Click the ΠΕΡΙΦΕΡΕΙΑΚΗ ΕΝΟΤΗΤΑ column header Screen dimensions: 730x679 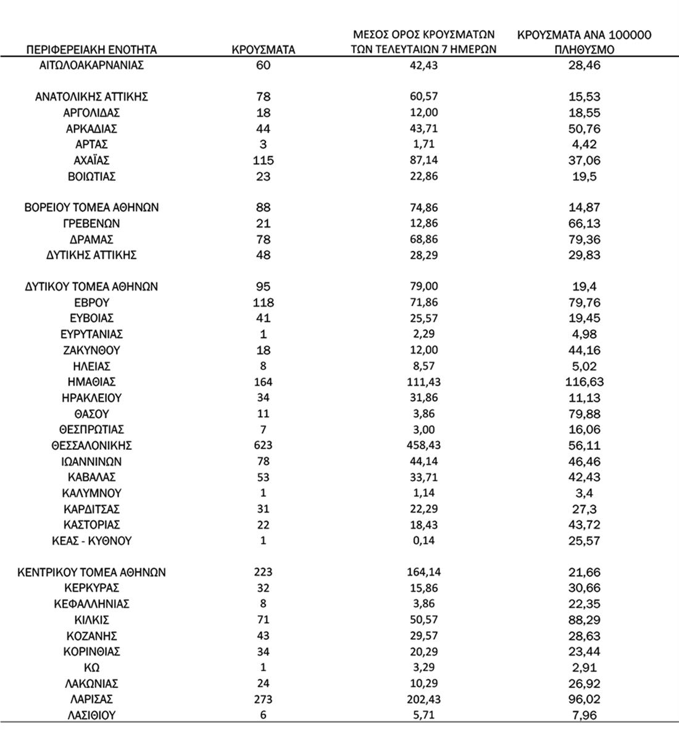coord(91,50)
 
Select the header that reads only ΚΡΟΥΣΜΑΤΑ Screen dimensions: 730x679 coord(264,50)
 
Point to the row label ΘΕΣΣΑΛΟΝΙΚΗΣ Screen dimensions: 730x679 coord(91,446)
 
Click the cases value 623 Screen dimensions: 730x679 coord(263,446)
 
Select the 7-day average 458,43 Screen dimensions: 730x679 coord(423,446)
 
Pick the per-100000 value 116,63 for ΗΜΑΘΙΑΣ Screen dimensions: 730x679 coord(584,382)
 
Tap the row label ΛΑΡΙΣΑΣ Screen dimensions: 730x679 coord(91,700)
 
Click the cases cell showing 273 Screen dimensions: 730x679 coord(263,700)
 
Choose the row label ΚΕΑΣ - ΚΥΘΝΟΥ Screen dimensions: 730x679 coord(91,541)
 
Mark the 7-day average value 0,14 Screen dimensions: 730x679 coord(423,541)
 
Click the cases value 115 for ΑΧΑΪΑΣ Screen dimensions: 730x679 coord(263,160)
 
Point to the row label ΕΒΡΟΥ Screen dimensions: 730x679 coord(91,302)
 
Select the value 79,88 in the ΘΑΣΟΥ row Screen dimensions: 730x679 coord(584,414)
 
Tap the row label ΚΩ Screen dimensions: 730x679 coord(91,668)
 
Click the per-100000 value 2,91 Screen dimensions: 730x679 coord(584,668)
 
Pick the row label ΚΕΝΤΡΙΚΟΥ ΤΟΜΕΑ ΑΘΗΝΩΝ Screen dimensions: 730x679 coord(91,573)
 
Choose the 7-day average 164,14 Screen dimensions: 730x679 coord(423,573)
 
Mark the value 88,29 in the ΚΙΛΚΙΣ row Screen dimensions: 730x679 coord(584,620)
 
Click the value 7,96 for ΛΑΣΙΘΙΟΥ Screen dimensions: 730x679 coord(584,716)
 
